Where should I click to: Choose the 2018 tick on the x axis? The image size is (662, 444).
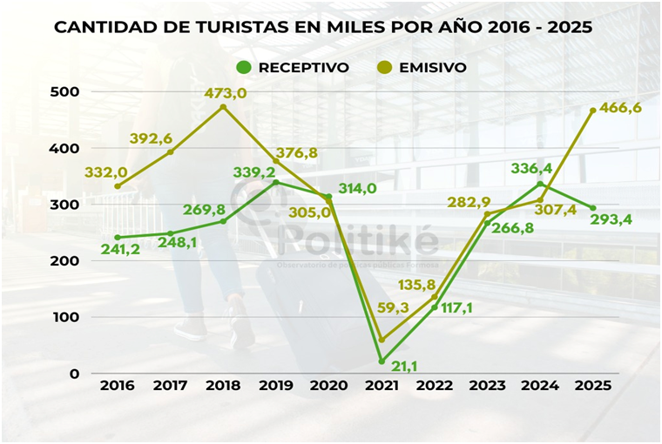point(223,385)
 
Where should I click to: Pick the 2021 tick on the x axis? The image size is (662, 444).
point(382,385)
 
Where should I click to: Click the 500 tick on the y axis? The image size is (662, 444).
point(65,91)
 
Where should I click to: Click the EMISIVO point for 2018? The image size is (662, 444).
point(223,107)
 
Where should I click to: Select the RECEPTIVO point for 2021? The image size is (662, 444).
point(382,361)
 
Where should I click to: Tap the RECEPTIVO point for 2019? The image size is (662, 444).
point(276,182)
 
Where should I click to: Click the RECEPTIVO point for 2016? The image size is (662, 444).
point(118,238)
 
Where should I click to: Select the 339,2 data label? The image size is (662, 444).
point(254,172)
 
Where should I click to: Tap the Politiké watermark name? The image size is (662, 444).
point(357,241)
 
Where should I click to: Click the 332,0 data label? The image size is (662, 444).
point(106,173)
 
